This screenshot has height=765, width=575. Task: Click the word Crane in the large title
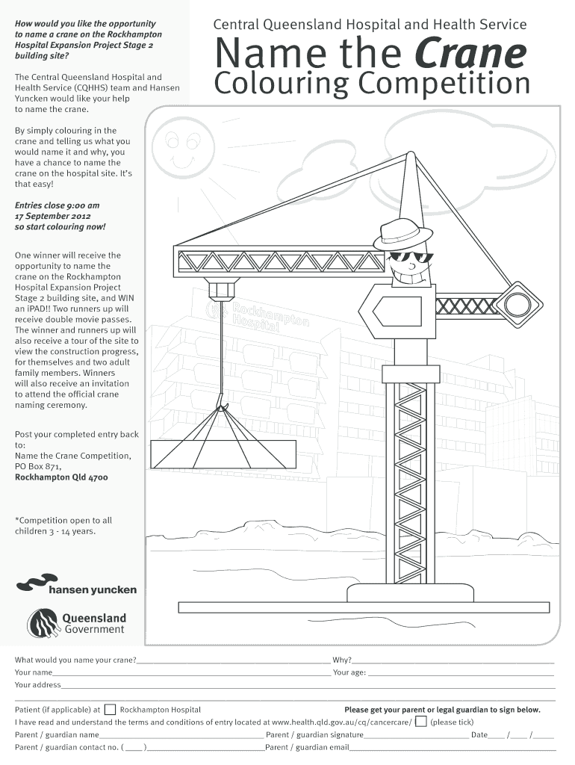pos(470,55)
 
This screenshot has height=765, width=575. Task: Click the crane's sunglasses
pos(409,258)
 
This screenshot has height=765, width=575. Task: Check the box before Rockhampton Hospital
pos(110,709)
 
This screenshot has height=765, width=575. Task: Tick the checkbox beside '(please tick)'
pos(421,722)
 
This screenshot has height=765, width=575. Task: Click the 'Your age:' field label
pos(349,672)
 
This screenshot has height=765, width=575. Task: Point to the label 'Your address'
pos(38,684)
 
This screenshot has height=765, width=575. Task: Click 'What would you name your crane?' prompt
pos(75,660)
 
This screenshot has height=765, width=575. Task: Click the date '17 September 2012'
pos(51,216)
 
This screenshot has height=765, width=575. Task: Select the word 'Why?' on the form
pos(342,660)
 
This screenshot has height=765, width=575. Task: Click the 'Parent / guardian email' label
pos(308,747)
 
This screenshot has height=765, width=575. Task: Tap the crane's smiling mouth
pos(414,276)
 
